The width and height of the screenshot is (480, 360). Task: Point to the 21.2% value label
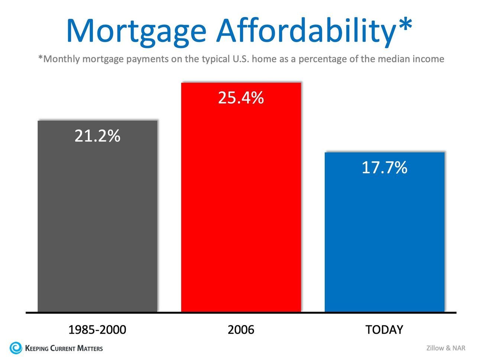click(x=97, y=136)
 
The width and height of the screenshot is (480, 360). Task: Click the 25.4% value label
click(x=241, y=98)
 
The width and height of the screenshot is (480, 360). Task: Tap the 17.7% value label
click(x=384, y=168)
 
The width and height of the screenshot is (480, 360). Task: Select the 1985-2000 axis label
click(x=97, y=330)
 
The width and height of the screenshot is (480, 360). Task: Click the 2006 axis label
click(x=241, y=330)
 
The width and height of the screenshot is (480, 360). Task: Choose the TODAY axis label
click(x=384, y=330)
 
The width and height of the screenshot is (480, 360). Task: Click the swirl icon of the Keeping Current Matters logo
click(x=16, y=348)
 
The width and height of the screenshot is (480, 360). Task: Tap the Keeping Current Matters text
click(x=64, y=348)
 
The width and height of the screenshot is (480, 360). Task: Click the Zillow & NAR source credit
click(x=445, y=348)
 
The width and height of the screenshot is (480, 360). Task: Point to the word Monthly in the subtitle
click(x=61, y=59)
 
